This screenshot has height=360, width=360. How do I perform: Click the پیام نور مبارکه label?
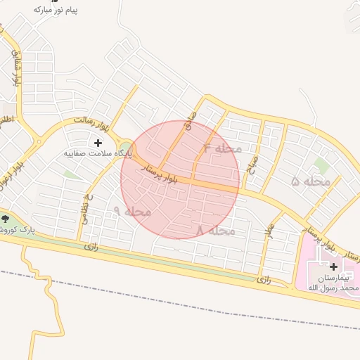56,11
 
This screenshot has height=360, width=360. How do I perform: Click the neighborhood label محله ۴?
222,149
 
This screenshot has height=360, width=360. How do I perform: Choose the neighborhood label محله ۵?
311,181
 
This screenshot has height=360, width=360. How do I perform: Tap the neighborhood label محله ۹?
131,211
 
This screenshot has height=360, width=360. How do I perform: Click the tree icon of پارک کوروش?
6,219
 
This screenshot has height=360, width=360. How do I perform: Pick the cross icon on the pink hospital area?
333,267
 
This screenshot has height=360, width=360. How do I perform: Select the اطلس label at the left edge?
6,120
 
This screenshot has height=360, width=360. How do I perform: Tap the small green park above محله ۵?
321,165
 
